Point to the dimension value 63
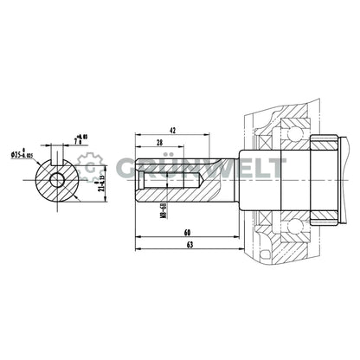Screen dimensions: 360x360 pos(188,245)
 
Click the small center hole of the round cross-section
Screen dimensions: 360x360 pos(57,180)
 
